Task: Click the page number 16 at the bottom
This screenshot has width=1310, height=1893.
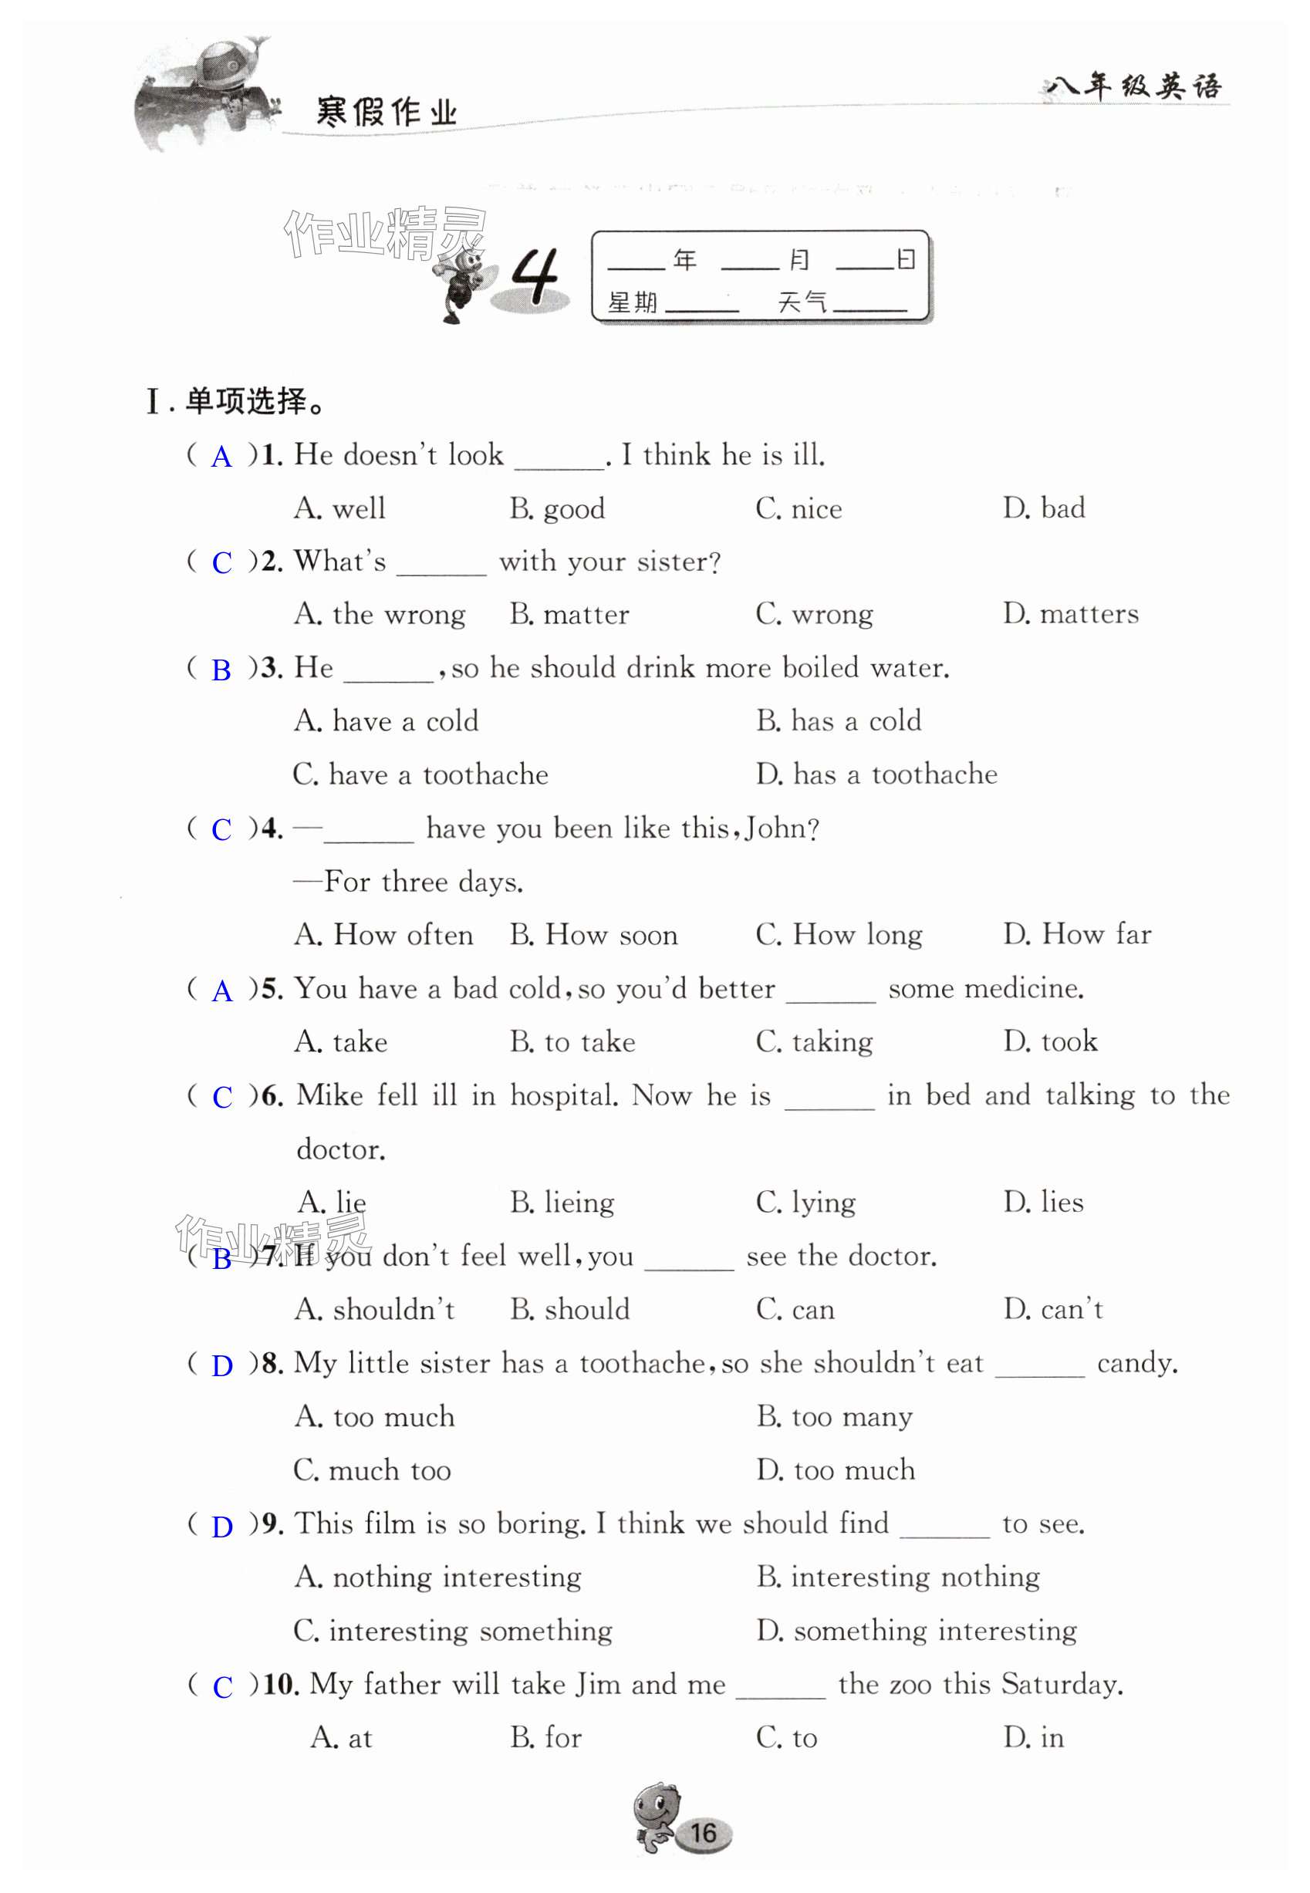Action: click(x=703, y=1833)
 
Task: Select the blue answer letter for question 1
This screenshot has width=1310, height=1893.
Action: click(x=221, y=457)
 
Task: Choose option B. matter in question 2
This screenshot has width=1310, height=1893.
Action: click(x=569, y=615)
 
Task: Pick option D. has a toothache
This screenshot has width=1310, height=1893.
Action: click(x=876, y=774)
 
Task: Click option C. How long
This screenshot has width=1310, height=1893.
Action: click(x=838, y=935)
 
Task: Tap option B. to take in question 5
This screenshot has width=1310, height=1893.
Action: click(x=572, y=1042)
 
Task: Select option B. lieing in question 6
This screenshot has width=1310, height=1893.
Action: click(x=562, y=1203)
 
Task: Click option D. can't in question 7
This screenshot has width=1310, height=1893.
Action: click(x=1052, y=1310)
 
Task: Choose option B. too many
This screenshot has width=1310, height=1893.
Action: click(x=834, y=1417)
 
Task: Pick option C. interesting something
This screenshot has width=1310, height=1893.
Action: click(x=452, y=1631)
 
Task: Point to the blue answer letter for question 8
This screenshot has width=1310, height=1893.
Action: click(x=222, y=1365)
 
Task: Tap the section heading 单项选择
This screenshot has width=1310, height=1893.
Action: click(x=245, y=402)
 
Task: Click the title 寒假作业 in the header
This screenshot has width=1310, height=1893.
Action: click(x=386, y=113)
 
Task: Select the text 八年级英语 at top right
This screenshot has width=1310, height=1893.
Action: click(x=1133, y=86)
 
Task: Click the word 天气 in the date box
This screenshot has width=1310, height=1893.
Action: click(x=802, y=303)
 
